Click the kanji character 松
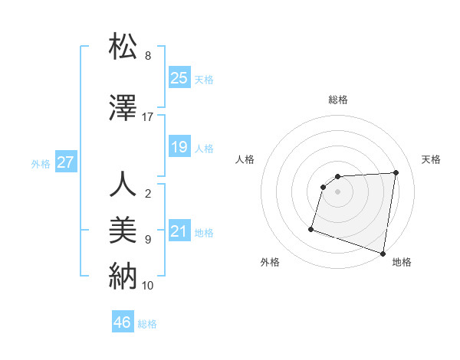(x=123, y=46)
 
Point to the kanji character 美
(x=123, y=230)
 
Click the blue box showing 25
(x=179, y=77)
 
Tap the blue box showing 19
(x=179, y=146)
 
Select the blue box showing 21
(x=179, y=231)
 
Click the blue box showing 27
(x=65, y=162)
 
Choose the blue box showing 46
(x=123, y=322)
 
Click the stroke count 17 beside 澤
(x=148, y=117)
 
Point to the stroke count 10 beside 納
(x=148, y=286)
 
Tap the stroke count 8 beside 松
(x=148, y=56)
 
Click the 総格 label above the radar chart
(x=337, y=100)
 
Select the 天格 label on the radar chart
(x=431, y=159)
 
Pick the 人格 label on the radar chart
(x=245, y=159)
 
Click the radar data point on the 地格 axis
(x=383, y=253)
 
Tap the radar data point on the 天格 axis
(x=396, y=172)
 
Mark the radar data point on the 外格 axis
(x=311, y=228)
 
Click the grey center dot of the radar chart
(x=337, y=191)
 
